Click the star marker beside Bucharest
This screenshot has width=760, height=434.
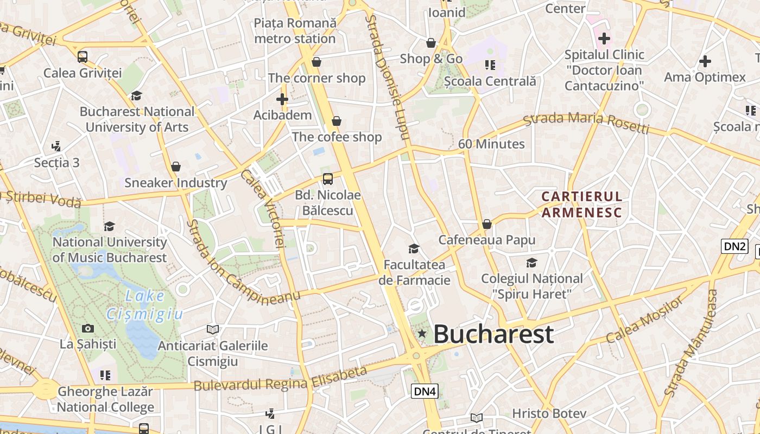[x=422, y=334]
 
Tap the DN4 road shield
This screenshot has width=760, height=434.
[x=425, y=391]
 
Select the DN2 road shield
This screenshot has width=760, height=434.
[x=734, y=246]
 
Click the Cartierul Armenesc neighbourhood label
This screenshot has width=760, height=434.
[x=581, y=204]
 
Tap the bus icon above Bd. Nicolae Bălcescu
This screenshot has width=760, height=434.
[x=328, y=179]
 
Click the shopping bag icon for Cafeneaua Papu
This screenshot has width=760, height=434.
[x=487, y=224]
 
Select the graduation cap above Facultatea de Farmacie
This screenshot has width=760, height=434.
[x=414, y=249]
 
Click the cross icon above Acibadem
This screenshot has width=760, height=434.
[x=282, y=99]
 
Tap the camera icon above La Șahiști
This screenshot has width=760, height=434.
[x=87, y=328]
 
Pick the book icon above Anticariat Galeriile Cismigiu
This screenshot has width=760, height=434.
[x=213, y=329]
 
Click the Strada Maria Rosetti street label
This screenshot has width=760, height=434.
[x=586, y=123]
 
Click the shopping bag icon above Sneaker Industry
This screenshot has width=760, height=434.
[x=175, y=167]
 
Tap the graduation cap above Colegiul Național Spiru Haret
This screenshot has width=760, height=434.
[x=531, y=263]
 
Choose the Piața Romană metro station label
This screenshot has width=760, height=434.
[x=295, y=31]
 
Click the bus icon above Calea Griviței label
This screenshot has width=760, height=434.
[x=83, y=56]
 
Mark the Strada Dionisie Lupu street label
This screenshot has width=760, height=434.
[x=386, y=76]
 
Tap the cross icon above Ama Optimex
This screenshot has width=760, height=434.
[x=705, y=61]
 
